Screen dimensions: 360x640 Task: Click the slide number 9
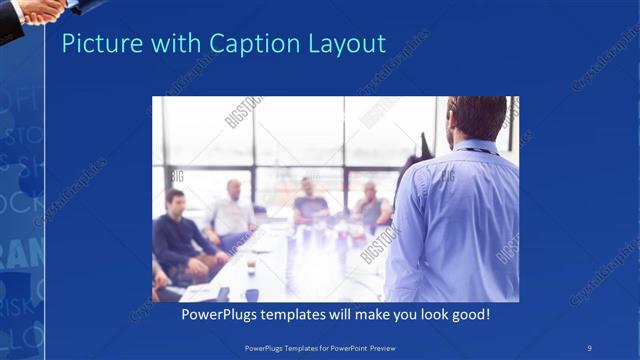(590, 347)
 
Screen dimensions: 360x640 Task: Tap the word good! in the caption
(467, 314)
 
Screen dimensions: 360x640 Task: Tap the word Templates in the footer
(296, 347)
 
